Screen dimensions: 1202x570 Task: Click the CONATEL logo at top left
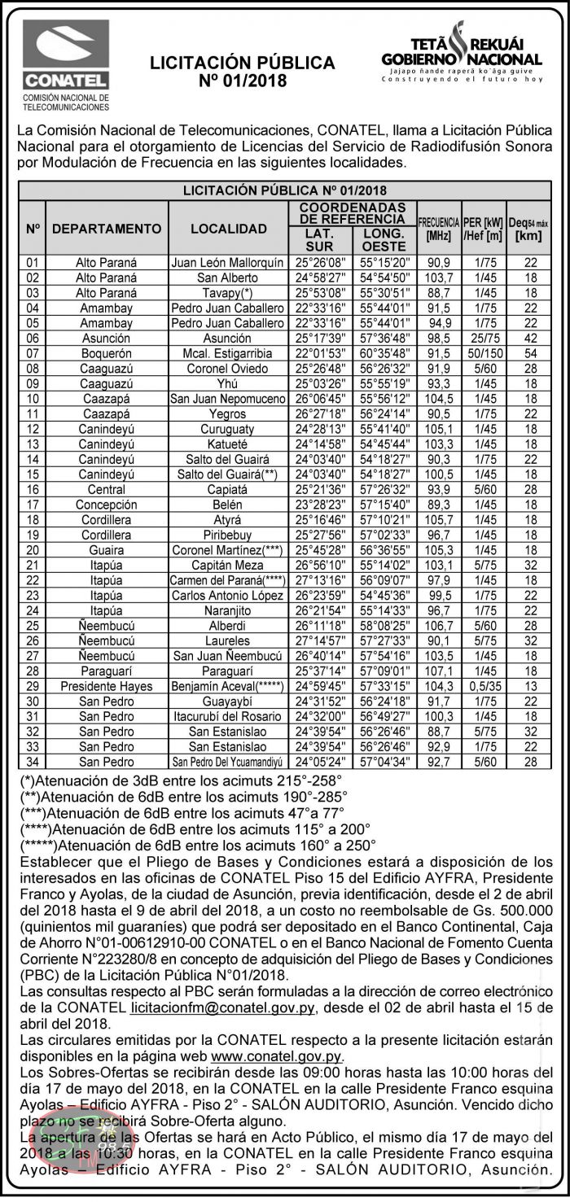[x=65, y=65]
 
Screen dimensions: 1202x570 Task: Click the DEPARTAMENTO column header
[x=107, y=229]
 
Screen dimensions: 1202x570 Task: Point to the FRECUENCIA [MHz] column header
[x=439, y=229]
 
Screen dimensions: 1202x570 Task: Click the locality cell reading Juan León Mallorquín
[x=228, y=263]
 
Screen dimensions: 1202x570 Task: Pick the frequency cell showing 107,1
[x=439, y=671]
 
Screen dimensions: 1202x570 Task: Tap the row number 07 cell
[x=33, y=353]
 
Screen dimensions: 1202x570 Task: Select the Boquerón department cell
[x=107, y=353]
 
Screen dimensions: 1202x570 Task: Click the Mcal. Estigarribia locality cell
[x=228, y=353]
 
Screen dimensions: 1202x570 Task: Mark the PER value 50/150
[x=484, y=353]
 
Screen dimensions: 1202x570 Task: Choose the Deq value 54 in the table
[x=530, y=353]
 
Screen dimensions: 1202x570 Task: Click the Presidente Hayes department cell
[x=107, y=686]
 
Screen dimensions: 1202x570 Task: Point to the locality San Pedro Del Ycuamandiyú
[x=228, y=762]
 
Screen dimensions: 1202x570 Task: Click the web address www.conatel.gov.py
[x=276, y=1056]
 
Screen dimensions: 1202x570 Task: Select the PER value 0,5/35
[x=484, y=686]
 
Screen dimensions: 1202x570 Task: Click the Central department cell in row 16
[x=107, y=489]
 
